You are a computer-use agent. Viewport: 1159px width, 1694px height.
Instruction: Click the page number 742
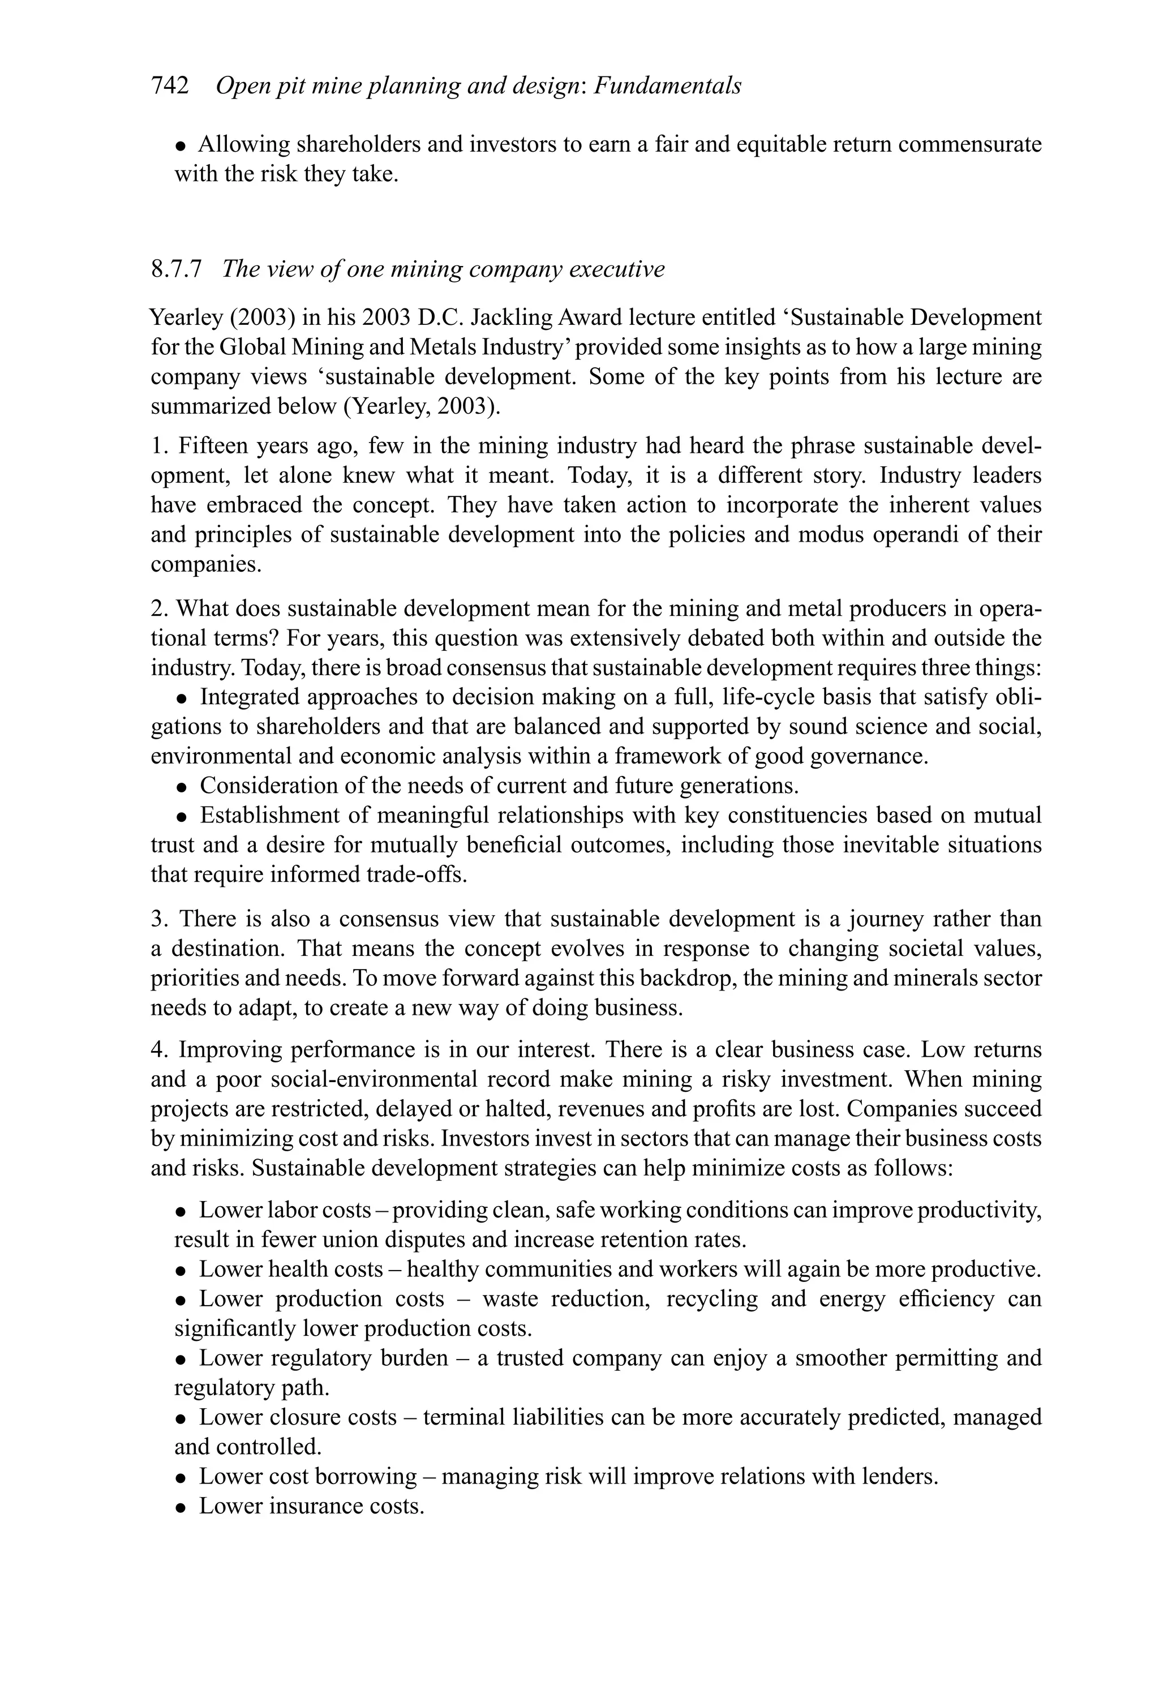(169, 86)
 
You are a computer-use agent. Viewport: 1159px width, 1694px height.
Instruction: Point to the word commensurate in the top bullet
(969, 144)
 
